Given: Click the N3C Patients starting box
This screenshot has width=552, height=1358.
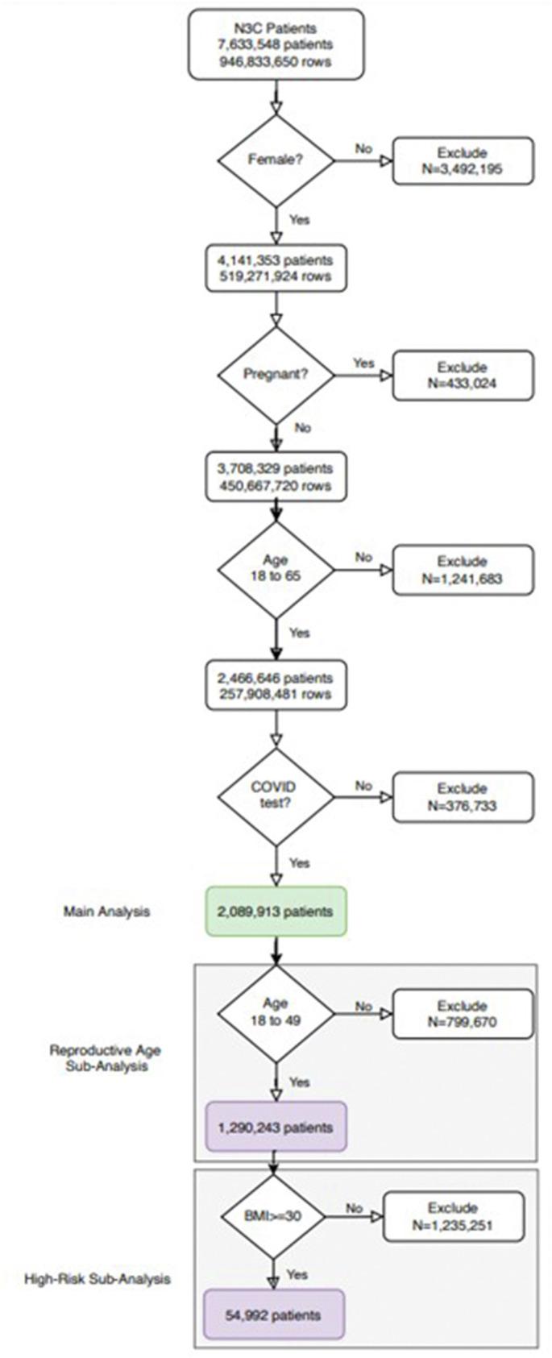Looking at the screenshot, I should [276, 45].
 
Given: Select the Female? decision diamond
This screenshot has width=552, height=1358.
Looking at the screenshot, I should [276, 160].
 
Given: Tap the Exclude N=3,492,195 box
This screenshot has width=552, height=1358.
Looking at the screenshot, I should [462, 161].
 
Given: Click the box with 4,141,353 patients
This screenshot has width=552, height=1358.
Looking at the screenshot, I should [276, 268].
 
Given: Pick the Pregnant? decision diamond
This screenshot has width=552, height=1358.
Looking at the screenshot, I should [276, 375].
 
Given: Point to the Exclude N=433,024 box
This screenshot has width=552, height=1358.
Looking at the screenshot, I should [462, 375].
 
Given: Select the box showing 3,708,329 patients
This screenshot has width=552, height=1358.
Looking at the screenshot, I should [276, 477].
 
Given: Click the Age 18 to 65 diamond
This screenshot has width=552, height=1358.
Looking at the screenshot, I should [276, 569].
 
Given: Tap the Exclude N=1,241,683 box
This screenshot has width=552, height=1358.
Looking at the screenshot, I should [462, 570].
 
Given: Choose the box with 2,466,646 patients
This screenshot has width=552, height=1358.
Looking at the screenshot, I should [276, 686].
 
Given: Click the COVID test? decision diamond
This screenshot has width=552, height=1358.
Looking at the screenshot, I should [276, 796].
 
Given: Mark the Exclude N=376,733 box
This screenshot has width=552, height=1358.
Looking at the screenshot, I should [462, 797].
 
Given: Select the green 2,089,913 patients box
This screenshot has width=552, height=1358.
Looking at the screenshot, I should [276, 912].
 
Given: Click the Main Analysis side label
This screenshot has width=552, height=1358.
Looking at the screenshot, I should [106, 912].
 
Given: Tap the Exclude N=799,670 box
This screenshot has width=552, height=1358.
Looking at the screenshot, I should [462, 1014].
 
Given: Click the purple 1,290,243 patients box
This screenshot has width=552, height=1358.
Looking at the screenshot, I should [276, 1127].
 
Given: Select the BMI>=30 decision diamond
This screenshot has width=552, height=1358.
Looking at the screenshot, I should [273, 1215].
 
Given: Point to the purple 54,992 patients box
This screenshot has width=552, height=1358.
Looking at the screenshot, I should [274, 1314].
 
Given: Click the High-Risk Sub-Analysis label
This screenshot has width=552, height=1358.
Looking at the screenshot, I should [98, 1279].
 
